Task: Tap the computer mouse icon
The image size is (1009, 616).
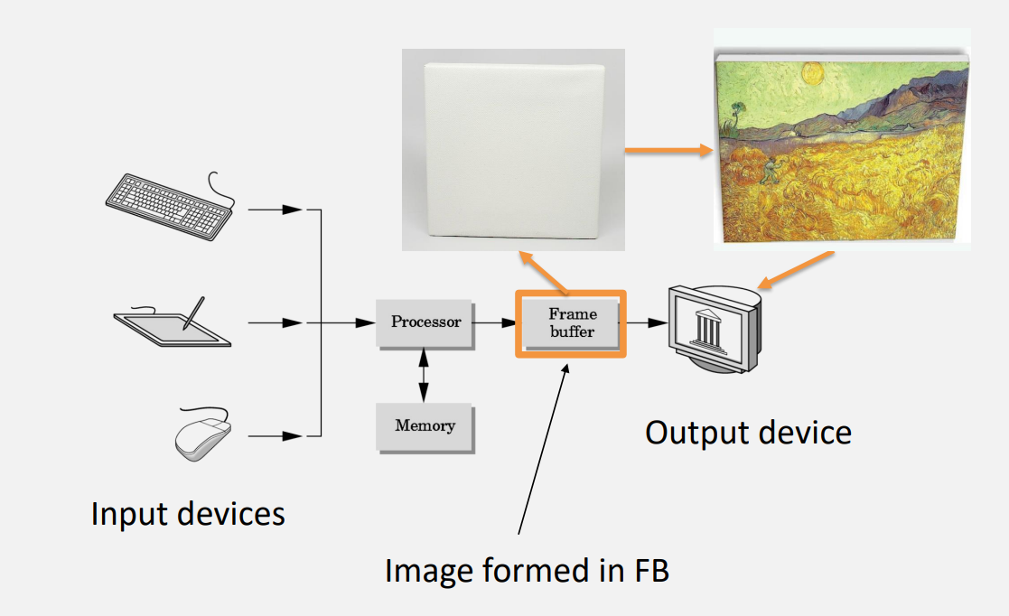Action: click(x=203, y=436)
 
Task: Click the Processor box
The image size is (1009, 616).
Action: click(x=425, y=322)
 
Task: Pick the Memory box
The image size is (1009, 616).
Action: click(x=425, y=425)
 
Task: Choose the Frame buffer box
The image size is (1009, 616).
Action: click(x=572, y=322)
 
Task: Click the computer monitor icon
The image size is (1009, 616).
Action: click(x=714, y=329)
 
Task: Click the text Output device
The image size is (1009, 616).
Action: click(x=748, y=433)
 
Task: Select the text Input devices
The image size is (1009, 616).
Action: click(x=188, y=514)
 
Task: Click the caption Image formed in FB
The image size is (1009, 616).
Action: click(x=527, y=571)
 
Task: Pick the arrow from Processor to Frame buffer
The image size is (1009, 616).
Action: click(x=494, y=322)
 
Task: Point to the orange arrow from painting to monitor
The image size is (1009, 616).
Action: click(x=797, y=269)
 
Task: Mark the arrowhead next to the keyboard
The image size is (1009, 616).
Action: click(x=290, y=210)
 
